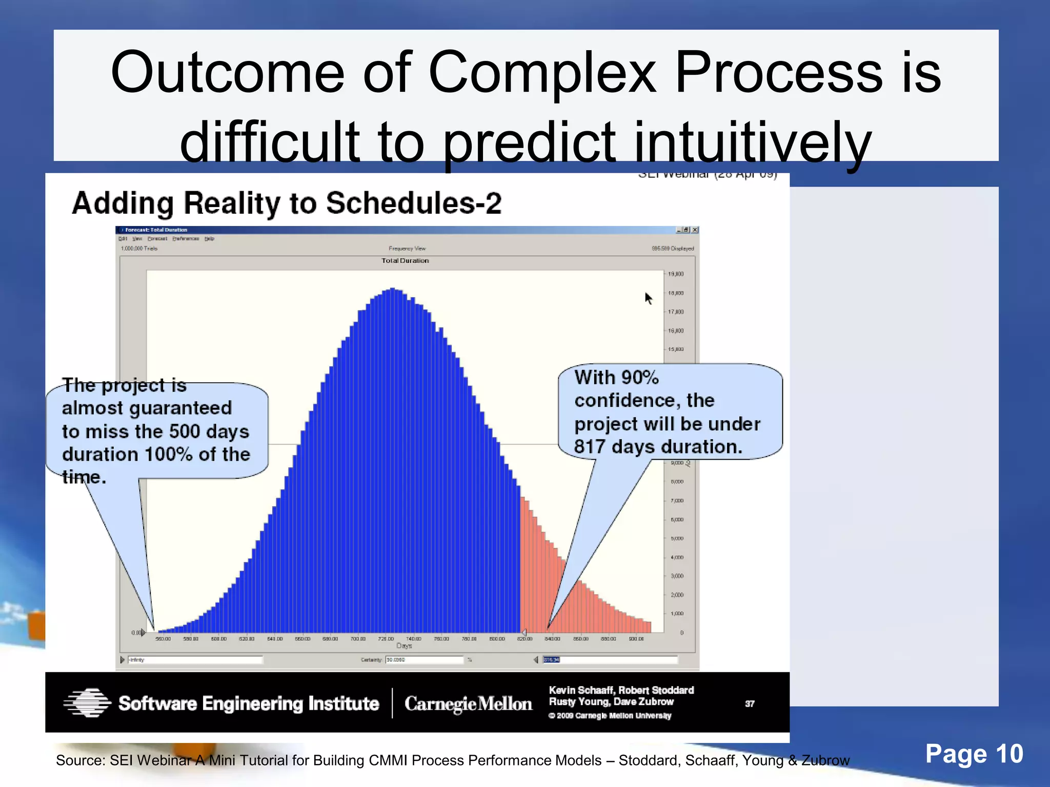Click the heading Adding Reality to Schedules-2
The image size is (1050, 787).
coord(287,203)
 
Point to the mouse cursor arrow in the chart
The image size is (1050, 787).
coord(649,298)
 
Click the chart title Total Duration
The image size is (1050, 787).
coord(405,261)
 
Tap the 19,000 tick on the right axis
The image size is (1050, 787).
coord(676,274)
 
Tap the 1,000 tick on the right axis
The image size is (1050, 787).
coord(677,614)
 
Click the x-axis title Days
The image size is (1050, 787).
coord(404,646)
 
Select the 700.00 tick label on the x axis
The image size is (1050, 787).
coord(358,639)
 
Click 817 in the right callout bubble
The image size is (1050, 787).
coord(590,447)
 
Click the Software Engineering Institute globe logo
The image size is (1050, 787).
coord(87,702)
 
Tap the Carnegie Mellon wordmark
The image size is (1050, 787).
coord(468,704)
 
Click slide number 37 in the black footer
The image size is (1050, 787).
coord(750,704)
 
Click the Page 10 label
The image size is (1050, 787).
coord(974,754)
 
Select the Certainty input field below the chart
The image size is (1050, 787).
coord(424,660)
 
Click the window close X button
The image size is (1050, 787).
coord(695,230)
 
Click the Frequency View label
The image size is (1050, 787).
coord(407,248)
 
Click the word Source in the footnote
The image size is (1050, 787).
coord(79,760)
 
